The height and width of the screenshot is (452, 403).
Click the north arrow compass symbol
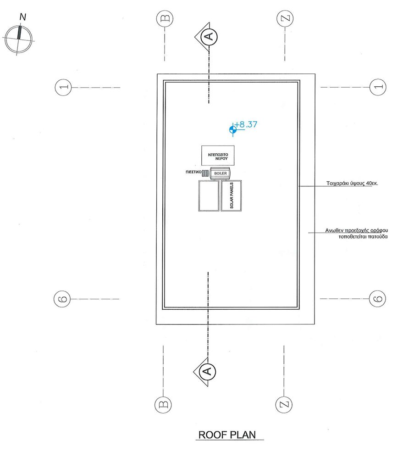coord(18,39)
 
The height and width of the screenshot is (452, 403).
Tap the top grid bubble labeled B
coord(164,19)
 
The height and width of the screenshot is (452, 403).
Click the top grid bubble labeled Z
coord(285,19)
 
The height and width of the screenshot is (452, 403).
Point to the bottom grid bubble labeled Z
coord(284,404)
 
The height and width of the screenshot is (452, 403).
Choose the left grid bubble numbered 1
coord(63,87)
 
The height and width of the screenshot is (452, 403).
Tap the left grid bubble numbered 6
coord(63,299)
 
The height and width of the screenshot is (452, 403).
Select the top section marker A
coord(209,36)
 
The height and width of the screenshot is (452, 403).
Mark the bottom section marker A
coord(207,370)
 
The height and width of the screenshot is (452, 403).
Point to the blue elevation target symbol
coord(233,130)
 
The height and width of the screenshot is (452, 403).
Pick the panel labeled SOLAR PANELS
coord(231,195)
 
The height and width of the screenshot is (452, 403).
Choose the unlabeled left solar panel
coord(208,195)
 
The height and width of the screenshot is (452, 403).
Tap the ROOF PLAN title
coord(226,435)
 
